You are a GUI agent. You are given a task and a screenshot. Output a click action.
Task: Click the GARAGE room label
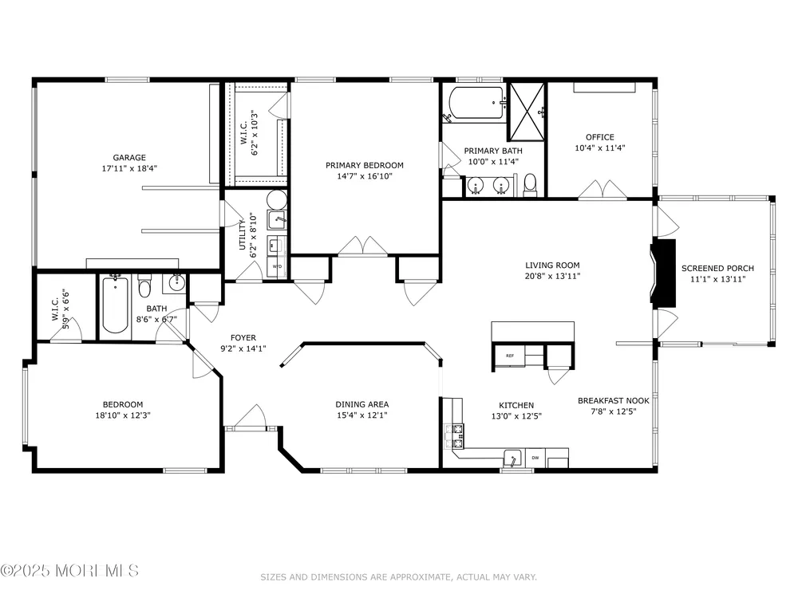129,158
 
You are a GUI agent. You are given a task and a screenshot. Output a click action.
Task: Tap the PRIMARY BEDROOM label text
365,165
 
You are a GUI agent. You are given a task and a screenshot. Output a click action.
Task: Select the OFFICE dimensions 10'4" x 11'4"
600,148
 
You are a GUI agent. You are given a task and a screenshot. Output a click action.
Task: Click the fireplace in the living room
664,273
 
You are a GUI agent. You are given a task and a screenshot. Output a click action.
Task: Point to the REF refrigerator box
509,356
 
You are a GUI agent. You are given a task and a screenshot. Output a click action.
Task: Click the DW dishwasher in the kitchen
535,458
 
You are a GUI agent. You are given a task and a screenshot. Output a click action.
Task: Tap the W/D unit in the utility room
277,266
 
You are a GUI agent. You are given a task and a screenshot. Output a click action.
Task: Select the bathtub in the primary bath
476,103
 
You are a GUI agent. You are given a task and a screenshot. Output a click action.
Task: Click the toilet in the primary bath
531,184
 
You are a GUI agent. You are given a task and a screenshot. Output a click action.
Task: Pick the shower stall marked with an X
527,111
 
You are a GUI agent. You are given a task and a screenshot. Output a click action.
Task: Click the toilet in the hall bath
145,285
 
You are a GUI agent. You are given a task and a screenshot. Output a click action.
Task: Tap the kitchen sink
512,458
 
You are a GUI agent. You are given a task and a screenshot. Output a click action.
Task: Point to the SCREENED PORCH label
717,268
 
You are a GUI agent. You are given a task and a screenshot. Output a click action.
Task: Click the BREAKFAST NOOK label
613,401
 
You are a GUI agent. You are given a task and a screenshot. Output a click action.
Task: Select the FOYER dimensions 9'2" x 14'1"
243,349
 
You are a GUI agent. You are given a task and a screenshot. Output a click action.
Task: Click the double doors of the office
602,189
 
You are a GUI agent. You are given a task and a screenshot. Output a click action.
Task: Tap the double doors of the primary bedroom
363,246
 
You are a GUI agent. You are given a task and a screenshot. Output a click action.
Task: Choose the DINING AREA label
361,404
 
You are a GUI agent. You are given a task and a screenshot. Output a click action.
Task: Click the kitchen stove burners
455,436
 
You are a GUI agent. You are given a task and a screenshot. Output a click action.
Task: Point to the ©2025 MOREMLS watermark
69,571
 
